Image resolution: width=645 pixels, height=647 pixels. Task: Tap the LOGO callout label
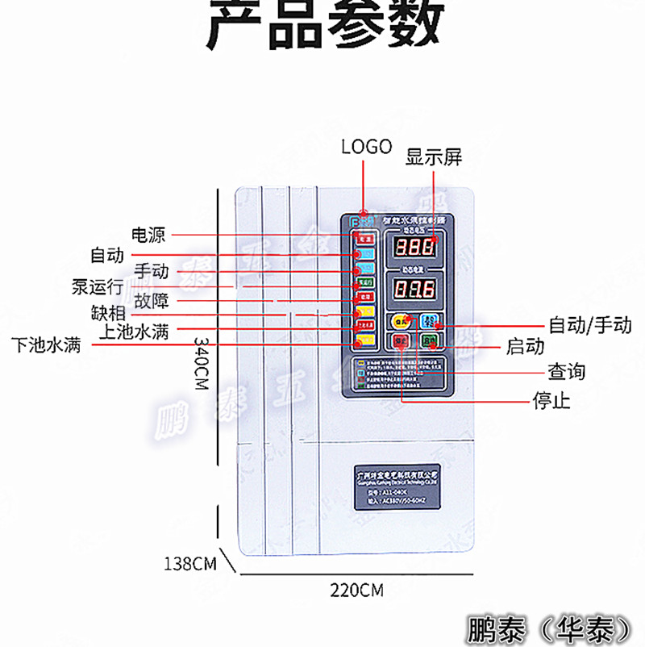[x=366, y=146]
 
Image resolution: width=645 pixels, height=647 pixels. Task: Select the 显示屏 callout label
[x=434, y=157]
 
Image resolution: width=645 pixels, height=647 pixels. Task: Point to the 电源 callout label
[x=148, y=235]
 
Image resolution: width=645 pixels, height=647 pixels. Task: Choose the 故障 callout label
[x=152, y=302]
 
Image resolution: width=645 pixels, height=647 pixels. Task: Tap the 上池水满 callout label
[x=134, y=331]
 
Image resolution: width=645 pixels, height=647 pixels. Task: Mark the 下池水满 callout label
[x=46, y=345]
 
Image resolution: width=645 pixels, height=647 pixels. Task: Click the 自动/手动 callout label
[x=590, y=325]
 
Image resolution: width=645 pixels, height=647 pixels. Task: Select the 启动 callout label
[x=526, y=347]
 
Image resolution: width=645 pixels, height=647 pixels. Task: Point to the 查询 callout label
[x=566, y=372]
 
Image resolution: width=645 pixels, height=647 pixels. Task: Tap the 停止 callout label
[x=551, y=400]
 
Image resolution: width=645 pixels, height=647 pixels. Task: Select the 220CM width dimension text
[x=356, y=590]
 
